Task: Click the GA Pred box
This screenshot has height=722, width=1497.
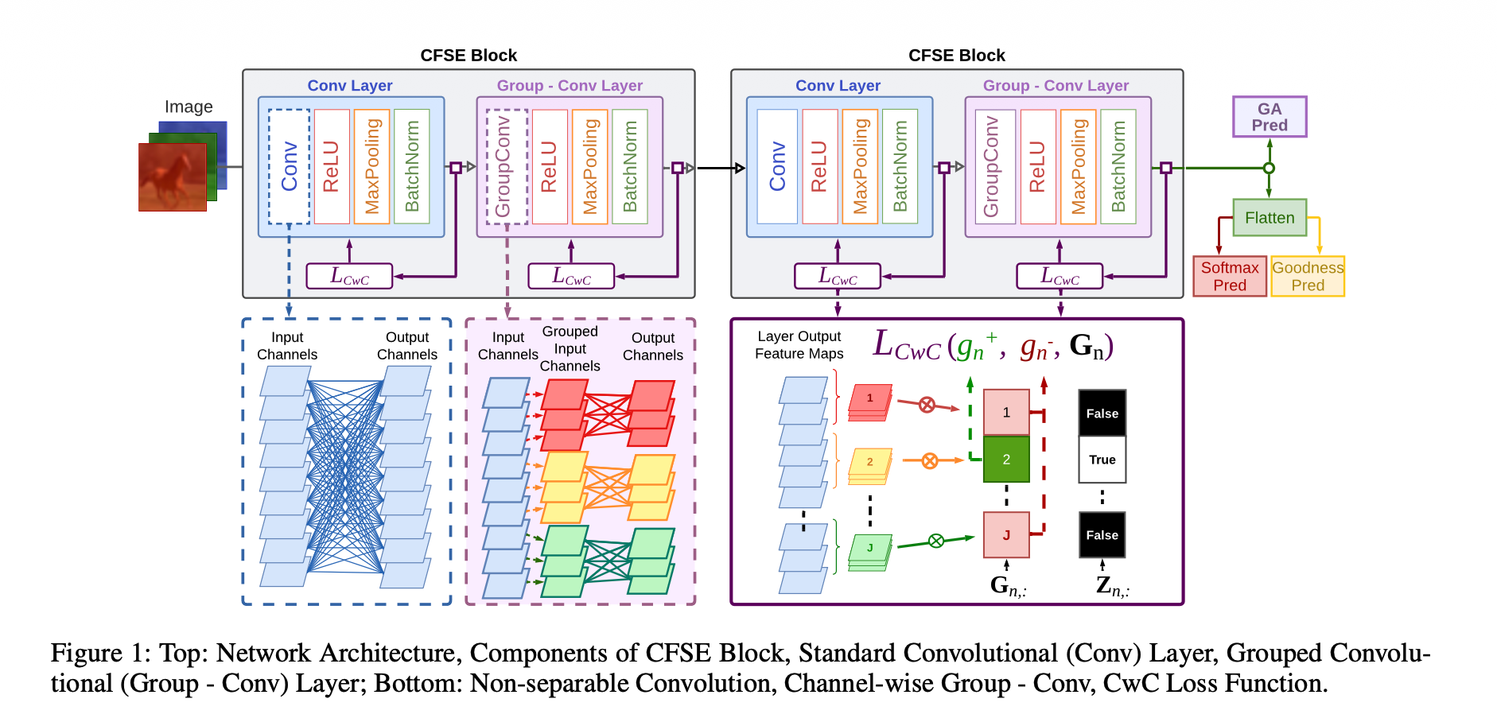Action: click(x=1270, y=117)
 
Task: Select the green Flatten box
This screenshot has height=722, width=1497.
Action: click(x=1270, y=218)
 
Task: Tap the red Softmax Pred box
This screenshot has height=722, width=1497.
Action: click(x=1230, y=276)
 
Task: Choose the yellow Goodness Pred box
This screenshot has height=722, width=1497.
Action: click(x=1308, y=276)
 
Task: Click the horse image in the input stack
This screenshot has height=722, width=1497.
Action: click(x=172, y=177)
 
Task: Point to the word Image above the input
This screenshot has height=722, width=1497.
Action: click(x=189, y=107)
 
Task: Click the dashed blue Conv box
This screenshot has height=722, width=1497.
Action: click(x=289, y=166)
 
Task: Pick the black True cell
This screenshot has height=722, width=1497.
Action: click(x=1102, y=460)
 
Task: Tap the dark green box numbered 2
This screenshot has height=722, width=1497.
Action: click(x=1006, y=460)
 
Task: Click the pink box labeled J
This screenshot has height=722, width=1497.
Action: click(x=1006, y=535)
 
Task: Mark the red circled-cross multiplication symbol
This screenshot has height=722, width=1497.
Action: click(x=927, y=405)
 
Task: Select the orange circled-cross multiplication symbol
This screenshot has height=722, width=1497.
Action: click(x=929, y=460)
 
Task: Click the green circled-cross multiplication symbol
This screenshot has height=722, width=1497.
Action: click(x=936, y=541)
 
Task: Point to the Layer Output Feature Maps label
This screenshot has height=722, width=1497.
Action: click(x=799, y=345)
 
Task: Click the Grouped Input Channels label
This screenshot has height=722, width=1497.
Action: click(x=570, y=348)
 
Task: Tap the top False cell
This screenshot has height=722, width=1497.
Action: click(x=1102, y=413)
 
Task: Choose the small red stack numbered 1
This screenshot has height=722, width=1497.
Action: click(x=869, y=400)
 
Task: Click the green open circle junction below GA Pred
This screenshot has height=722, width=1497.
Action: click(x=1270, y=168)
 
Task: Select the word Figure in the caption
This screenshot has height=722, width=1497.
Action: click(x=87, y=654)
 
